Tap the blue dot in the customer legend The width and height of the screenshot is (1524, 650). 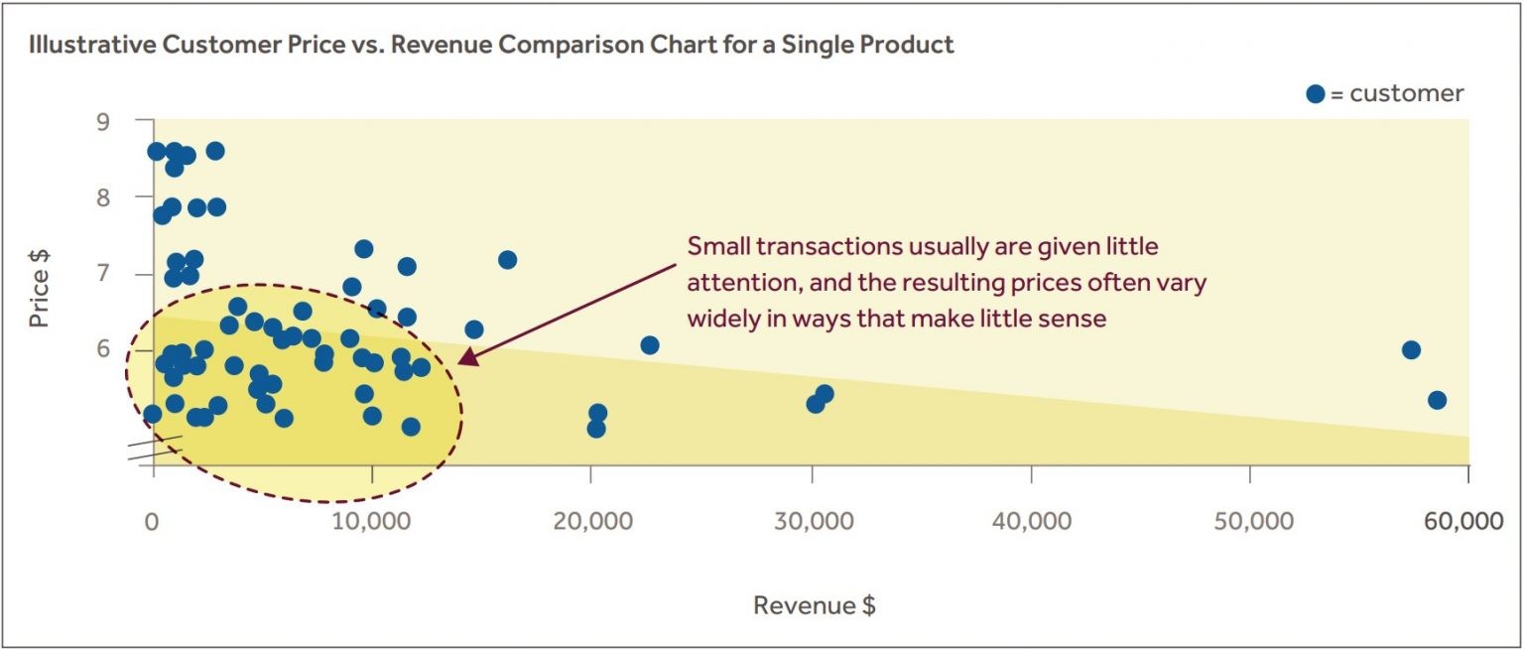tap(1316, 94)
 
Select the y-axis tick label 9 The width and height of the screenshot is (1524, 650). tap(131, 121)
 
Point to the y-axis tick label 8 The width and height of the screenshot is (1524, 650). tap(131, 197)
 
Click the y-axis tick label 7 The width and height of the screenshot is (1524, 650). tap(131, 274)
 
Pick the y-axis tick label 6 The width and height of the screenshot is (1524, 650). tap(131, 349)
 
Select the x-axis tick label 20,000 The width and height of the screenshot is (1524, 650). tap(589, 523)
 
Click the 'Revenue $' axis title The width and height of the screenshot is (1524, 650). tap(814, 605)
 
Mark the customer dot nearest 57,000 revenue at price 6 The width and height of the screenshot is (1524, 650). tap(1411, 350)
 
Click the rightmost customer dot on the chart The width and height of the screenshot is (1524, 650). tap(1437, 400)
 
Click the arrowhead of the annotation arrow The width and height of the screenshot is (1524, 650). tap(463, 359)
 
